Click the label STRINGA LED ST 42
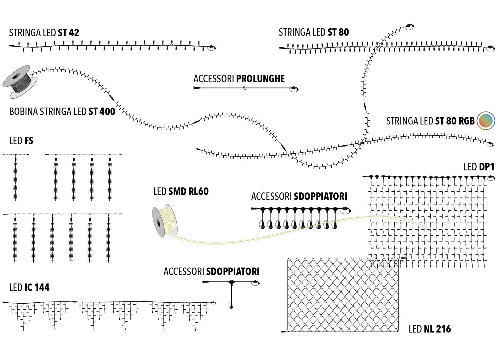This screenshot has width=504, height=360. click(44, 33)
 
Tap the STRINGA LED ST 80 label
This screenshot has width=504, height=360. click(313, 32)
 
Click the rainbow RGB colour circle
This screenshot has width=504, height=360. click(486, 121)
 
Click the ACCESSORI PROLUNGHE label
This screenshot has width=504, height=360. click(239, 79)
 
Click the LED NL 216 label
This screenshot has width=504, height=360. click(429, 329)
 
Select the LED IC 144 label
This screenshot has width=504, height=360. click(29, 288)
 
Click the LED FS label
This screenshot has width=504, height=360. click(21, 141)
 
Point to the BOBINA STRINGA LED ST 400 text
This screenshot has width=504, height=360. click(62, 112)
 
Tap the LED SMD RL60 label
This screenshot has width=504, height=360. click(181, 191)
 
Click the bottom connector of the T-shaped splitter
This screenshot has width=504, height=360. click(231, 306)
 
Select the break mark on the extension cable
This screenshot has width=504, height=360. click(244, 88)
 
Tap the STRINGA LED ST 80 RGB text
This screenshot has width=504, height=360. click(430, 121)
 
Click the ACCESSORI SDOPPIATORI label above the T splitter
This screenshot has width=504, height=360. click(211, 271)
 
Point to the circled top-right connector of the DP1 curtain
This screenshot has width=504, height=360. click(490, 178)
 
